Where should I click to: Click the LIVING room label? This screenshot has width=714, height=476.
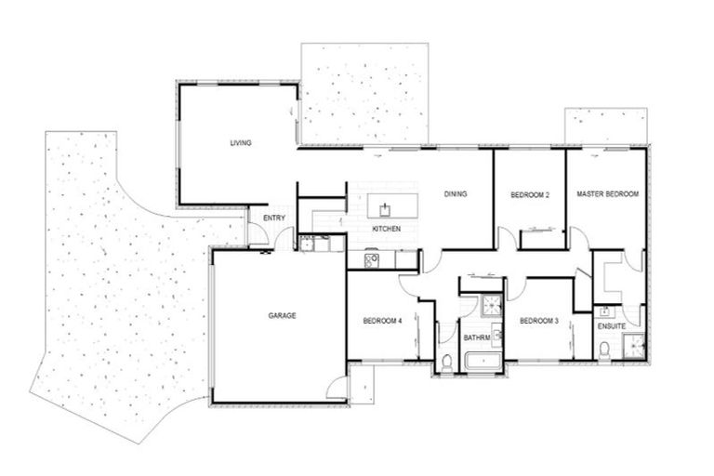(242, 143)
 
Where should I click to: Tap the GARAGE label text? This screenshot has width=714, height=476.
(282, 316)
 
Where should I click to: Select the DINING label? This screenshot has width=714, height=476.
(455, 194)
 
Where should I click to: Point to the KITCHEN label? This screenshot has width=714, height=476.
(386, 229)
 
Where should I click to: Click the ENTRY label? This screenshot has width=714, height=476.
(273, 218)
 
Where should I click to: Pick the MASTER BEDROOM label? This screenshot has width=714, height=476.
(607, 194)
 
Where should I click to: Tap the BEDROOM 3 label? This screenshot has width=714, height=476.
(538, 322)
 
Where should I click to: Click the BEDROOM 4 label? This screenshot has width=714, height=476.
(382, 322)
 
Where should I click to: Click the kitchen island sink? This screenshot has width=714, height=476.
(381, 203)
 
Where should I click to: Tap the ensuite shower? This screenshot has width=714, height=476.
(634, 346)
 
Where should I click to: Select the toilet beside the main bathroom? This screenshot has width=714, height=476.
(447, 362)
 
